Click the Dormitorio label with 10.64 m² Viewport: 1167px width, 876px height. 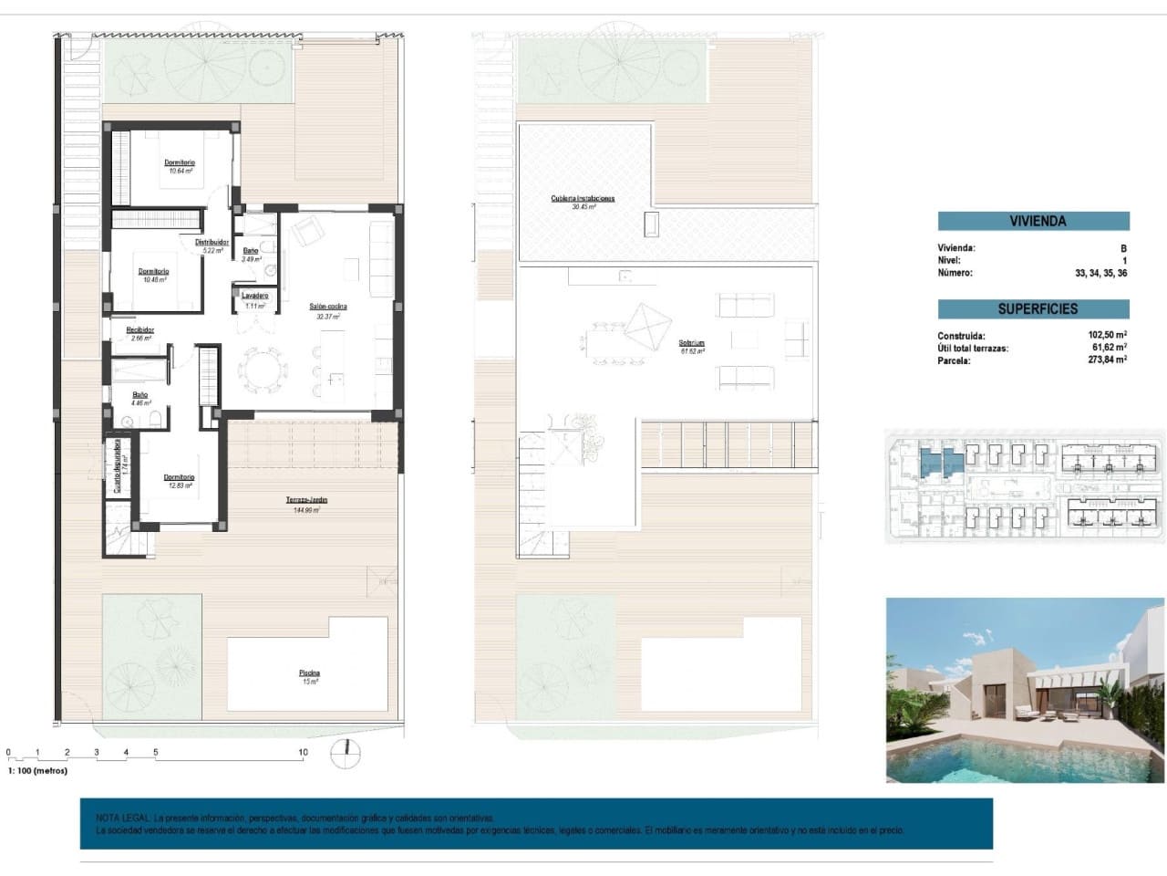click(180, 166)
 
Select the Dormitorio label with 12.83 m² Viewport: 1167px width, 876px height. click(180, 481)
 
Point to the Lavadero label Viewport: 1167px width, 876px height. click(254, 298)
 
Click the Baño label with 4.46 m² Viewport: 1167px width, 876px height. click(139, 399)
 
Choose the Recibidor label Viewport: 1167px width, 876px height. click(140, 333)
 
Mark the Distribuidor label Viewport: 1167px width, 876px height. click(212, 245)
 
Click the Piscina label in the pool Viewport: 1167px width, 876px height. click(310, 676)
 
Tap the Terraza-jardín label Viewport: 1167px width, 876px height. click(307, 505)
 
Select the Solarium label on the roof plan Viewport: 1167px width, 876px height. click(692, 347)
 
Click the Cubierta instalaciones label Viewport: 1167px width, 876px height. click(583, 202)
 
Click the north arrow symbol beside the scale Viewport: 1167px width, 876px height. click(346, 753)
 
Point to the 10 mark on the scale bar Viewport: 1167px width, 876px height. click(303, 753)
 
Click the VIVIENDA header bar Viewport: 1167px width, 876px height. click(1033, 221)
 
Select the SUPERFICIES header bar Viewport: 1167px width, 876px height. click(1033, 308)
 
